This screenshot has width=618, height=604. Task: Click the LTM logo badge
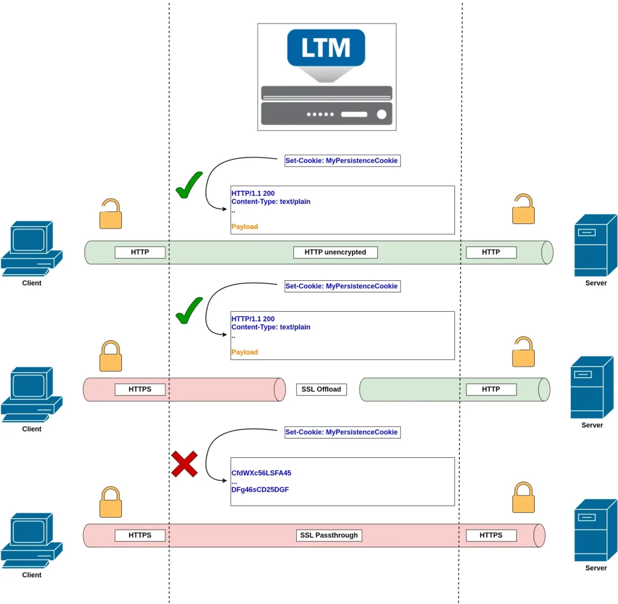(326, 47)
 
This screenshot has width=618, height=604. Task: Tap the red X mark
(184, 464)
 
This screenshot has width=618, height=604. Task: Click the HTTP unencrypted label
(335, 252)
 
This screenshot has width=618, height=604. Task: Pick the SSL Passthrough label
(329, 535)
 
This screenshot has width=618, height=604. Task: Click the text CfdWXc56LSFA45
(261, 473)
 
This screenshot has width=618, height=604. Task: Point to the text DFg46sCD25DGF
(260, 490)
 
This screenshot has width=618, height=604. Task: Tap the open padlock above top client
(110, 214)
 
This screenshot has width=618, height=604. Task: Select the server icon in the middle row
(591, 387)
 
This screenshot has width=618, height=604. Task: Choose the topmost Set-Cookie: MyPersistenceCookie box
(342, 161)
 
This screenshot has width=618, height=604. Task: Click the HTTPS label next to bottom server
(491, 535)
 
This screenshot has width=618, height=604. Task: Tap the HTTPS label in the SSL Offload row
(140, 389)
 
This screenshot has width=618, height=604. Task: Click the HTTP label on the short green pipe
(491, 389)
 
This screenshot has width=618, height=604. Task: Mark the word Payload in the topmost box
(244, 226)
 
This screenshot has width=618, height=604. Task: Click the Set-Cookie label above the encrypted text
(342, 432)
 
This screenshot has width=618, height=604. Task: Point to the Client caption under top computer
(31, 283)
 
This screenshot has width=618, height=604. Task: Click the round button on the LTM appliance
(381, 114)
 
